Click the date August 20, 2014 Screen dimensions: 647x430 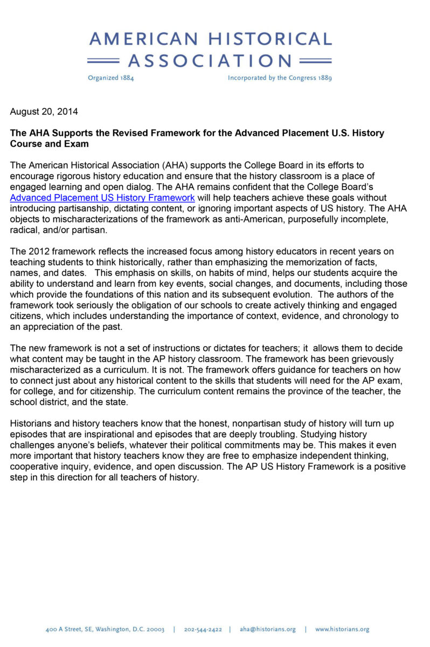[44, 112]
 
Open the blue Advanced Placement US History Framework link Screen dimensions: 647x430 [102, 198]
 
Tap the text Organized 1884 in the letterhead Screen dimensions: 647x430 [110, 78]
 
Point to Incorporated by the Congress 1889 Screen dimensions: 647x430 [280, 78]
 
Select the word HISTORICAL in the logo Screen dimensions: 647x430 [270, 39]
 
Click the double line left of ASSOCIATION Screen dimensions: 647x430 [103, 60]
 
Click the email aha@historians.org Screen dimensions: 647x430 [268, 629]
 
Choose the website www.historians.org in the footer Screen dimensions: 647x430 [342, 629]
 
